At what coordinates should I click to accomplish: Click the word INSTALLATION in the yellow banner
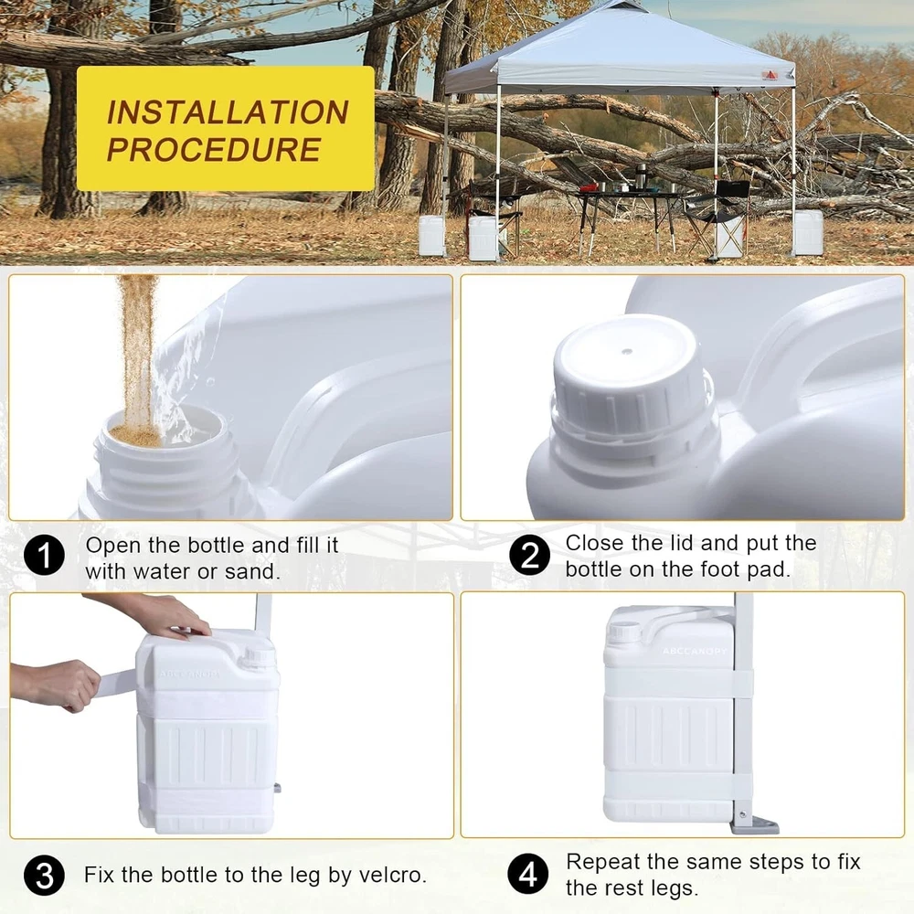point(228,112)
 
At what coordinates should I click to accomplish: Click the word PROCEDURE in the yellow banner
point(214,150)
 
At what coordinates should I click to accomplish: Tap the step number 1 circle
point(44,556)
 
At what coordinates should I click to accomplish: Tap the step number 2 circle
point(529,555)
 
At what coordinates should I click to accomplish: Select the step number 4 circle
point(528,874)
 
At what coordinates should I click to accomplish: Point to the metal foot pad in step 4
point(755,824)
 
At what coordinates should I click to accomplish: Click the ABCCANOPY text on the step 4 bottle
point(695,651)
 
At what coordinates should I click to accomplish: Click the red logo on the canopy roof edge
point(770,76)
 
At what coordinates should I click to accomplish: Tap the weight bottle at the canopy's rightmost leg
point(809,232)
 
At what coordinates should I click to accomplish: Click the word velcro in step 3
point(392,875)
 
